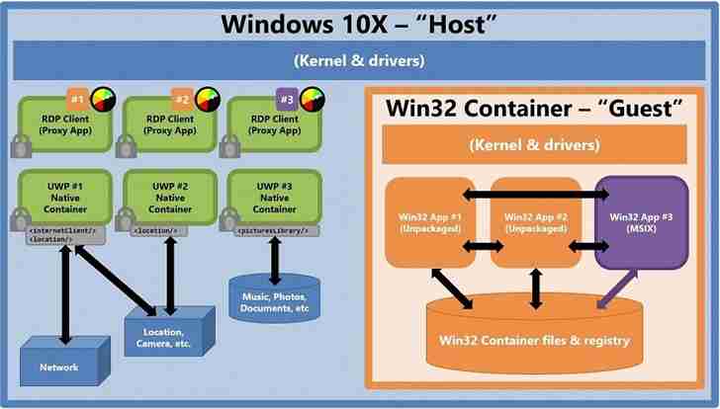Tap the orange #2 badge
(182, 99)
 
